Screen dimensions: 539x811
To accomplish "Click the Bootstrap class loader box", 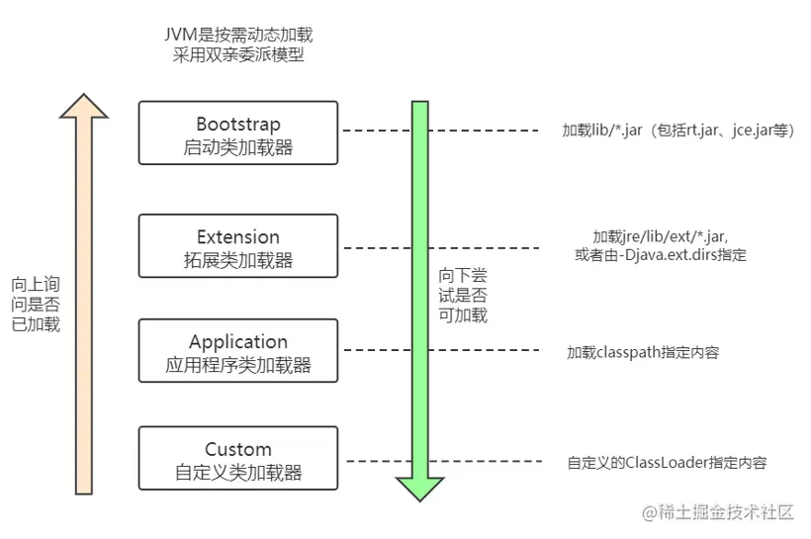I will [238, 133].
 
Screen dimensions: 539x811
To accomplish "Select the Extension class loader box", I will [238, 247].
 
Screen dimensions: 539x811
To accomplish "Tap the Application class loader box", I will [238, 352].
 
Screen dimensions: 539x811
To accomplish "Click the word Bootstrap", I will [238, 124].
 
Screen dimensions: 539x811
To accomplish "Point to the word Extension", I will [238, 237].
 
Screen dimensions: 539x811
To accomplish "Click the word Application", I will [238, 342].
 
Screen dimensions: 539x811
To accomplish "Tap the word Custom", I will [238, 450].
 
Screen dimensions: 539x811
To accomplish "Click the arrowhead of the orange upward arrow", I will [84, 107].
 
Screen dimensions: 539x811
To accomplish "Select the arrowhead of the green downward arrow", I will [419, 487].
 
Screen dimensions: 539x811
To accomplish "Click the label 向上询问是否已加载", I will [36, 303].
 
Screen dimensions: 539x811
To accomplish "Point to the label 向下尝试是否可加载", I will [463, 295].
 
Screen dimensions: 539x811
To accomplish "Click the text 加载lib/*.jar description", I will [677, 131].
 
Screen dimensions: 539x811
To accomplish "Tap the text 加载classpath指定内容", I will [643, 351].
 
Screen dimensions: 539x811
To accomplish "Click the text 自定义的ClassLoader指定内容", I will [667, 462].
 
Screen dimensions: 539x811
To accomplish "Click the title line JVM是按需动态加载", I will [238, 35].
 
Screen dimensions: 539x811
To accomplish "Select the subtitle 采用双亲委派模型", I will [238, 55].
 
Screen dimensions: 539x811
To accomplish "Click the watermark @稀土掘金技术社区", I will [717, 512].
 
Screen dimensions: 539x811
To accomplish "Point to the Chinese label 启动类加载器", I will [238, 147].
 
